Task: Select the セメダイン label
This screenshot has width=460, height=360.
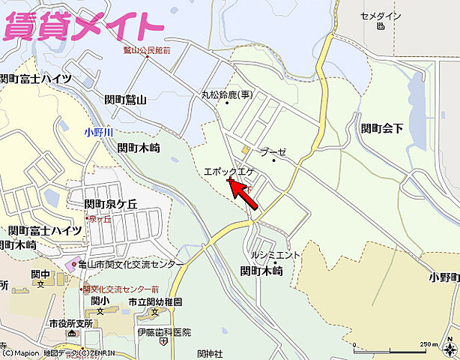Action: click(381, 16)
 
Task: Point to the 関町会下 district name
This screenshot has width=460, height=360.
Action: click(381, 128)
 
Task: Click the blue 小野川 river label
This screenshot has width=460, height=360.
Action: click(98, 132)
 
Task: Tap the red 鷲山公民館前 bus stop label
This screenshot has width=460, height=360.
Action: click(147, 50)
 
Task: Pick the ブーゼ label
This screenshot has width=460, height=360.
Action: click(274, 152)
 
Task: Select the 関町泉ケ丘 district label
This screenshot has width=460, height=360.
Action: click(111, 204)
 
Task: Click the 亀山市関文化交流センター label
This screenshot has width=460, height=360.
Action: click(131, 265)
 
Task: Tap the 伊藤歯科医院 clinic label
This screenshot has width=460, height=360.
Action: click(164, 331)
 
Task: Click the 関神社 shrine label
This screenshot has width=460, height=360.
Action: click(211, 353)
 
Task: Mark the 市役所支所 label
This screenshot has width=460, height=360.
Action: click(70, 323)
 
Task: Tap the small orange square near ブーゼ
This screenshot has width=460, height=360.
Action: click(245, 149)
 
